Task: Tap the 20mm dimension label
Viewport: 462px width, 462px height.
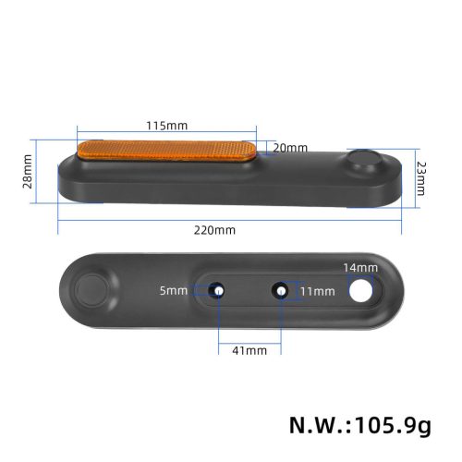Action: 290,148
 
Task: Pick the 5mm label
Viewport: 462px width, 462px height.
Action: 174,290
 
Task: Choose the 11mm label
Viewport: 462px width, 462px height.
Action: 317,291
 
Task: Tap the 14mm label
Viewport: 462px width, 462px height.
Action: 360,268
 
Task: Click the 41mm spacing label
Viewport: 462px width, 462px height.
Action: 249,350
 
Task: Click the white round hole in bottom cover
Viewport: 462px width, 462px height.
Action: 360,290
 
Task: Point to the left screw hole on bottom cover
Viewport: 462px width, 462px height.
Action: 219,290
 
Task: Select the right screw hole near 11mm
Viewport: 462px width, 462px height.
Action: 279,291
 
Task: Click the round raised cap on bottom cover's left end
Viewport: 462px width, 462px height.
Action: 93,289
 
